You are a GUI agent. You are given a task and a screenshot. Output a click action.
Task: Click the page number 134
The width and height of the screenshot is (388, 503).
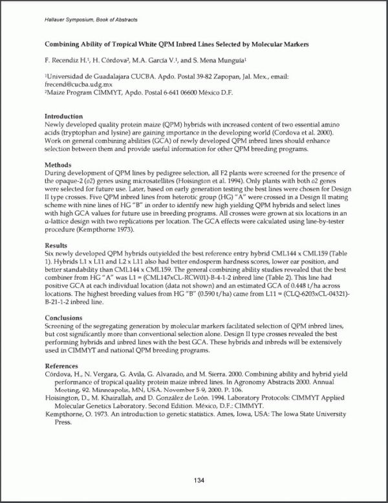pos(199,480)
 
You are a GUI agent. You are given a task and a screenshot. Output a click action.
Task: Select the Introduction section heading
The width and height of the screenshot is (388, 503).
pos(64,117)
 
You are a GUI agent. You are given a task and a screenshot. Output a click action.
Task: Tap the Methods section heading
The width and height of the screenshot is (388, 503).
pos(58,165)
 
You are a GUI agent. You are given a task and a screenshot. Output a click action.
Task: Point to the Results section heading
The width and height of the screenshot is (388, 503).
pos(56,245)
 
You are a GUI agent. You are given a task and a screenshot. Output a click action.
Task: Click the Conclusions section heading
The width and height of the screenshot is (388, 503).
pos(63,318)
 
